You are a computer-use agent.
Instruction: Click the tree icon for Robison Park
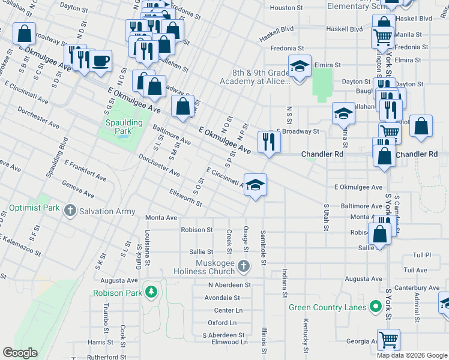click(152, 292)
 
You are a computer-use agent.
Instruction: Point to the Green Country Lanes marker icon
click(376, 308)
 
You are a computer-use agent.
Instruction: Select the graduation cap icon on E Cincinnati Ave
click(256, 184)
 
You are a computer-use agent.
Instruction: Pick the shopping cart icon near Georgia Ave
click(388, 340)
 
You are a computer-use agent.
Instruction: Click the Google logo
click(20, 353)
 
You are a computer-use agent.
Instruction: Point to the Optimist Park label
click(34, 208)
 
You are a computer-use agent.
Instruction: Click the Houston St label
click(286, 8)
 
